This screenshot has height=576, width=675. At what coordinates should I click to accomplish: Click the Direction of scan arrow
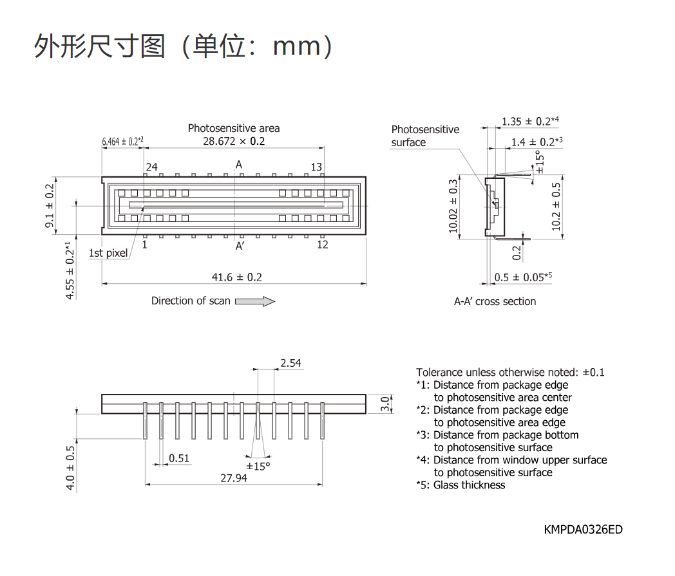(255, 301)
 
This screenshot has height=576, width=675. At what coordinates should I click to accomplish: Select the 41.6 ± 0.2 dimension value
(237, 277)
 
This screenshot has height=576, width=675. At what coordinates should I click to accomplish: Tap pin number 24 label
(151, 167)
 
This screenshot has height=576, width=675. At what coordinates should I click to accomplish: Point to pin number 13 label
(316, 167)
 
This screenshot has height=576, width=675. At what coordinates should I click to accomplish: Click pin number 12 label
(323, 245)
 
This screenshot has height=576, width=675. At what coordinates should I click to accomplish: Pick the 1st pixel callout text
(108, 253)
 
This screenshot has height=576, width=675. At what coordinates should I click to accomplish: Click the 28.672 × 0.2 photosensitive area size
(234, 141)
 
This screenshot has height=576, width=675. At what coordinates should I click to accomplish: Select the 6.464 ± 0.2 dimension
(122, 142)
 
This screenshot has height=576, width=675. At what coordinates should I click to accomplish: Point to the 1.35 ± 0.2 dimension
(530, 121)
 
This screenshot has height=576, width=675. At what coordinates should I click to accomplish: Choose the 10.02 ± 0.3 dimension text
(453, 206)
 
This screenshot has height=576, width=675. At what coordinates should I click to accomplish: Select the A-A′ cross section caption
(495, 301)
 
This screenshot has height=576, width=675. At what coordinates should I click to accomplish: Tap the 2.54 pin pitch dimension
(290, 363)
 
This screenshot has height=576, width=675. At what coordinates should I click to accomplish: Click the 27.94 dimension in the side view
(234, 478)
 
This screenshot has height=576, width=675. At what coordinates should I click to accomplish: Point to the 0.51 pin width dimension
(179, 458)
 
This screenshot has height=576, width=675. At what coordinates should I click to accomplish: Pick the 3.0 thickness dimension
(385, 404)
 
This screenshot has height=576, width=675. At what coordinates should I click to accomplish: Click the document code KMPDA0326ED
(583, 530)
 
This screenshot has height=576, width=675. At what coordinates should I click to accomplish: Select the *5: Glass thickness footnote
(461, 485)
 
